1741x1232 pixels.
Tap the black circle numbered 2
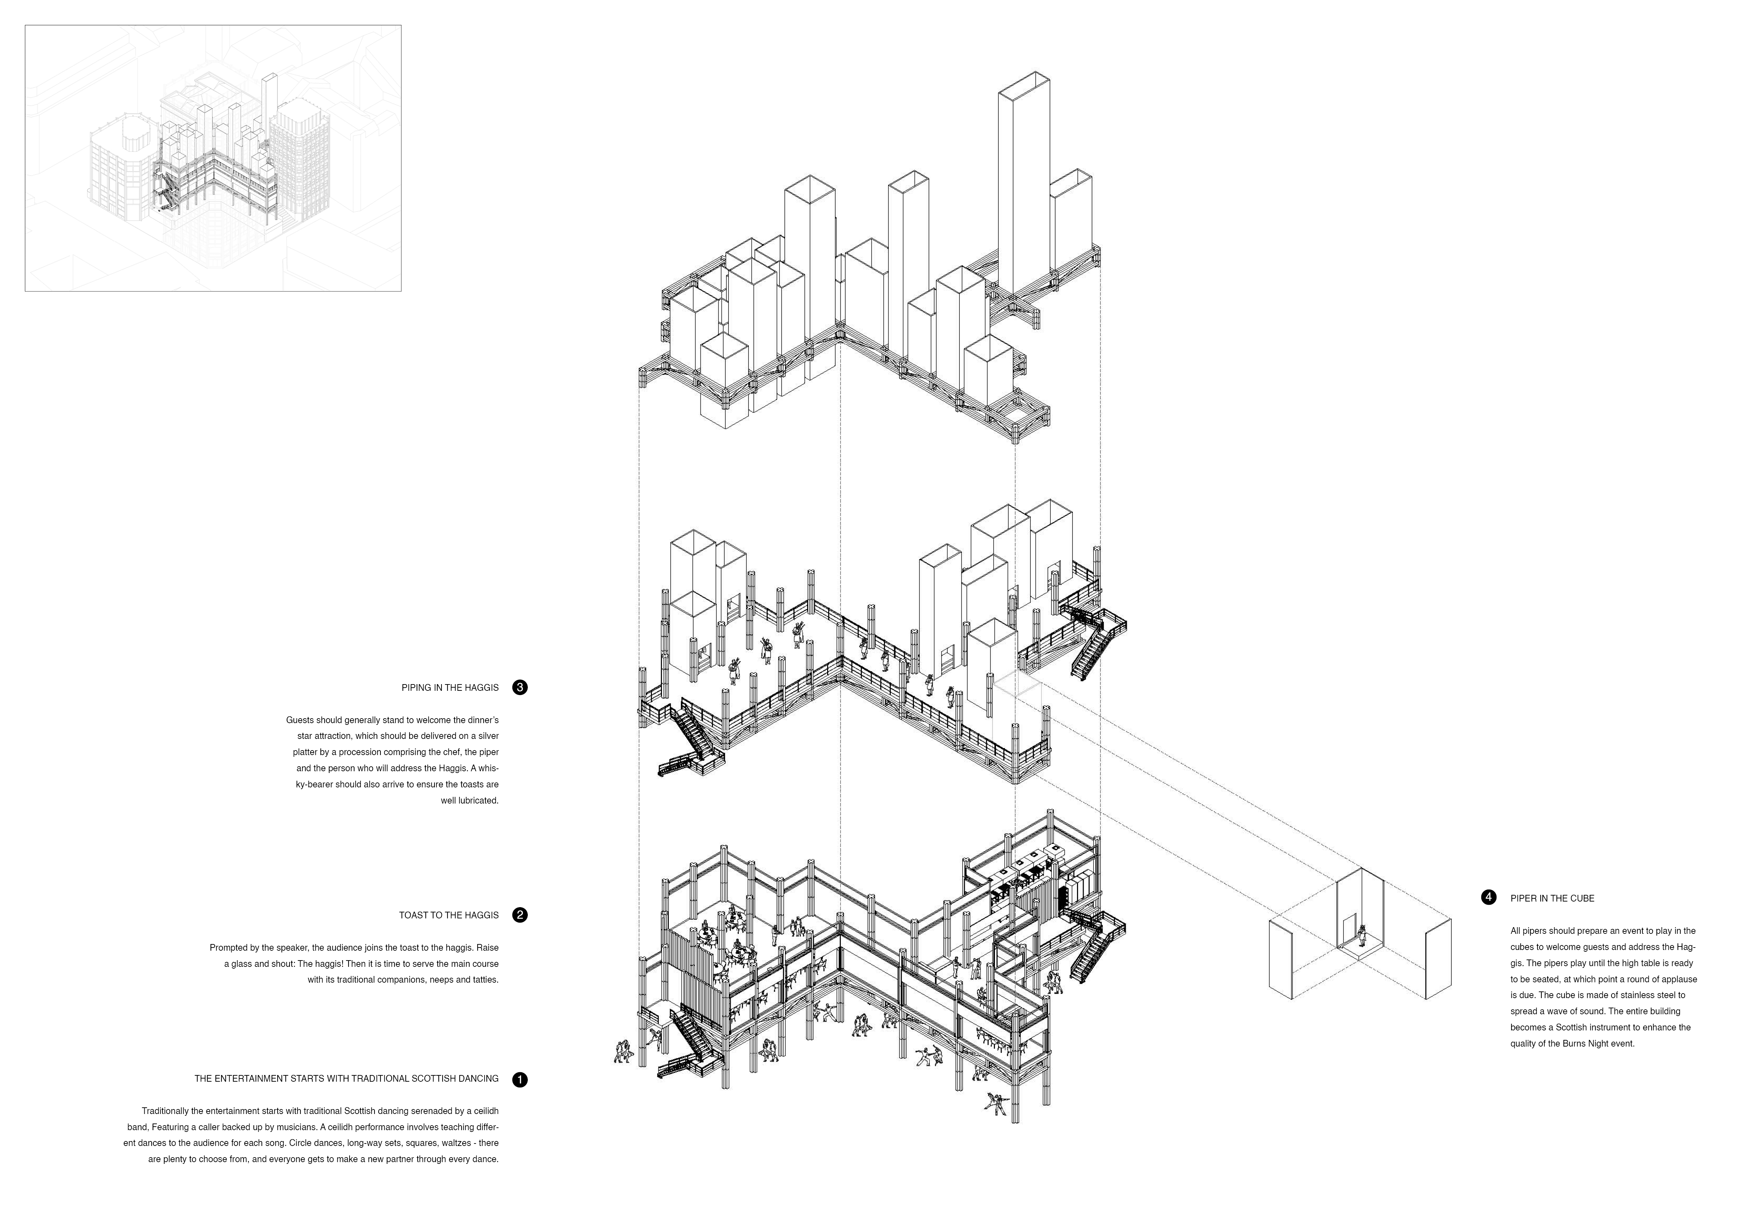point(519,915)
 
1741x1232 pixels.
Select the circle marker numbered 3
point(519,687)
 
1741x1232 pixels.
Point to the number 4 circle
point(1488,897)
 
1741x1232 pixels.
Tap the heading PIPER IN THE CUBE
point(1552,898)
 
